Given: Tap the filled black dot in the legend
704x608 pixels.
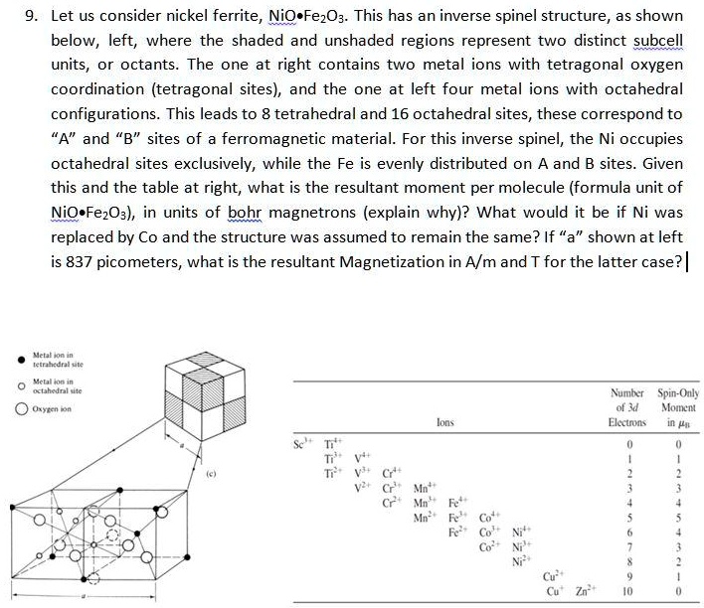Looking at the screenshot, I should coord(20,360).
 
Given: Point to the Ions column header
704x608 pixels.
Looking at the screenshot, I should coord(444,422).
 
